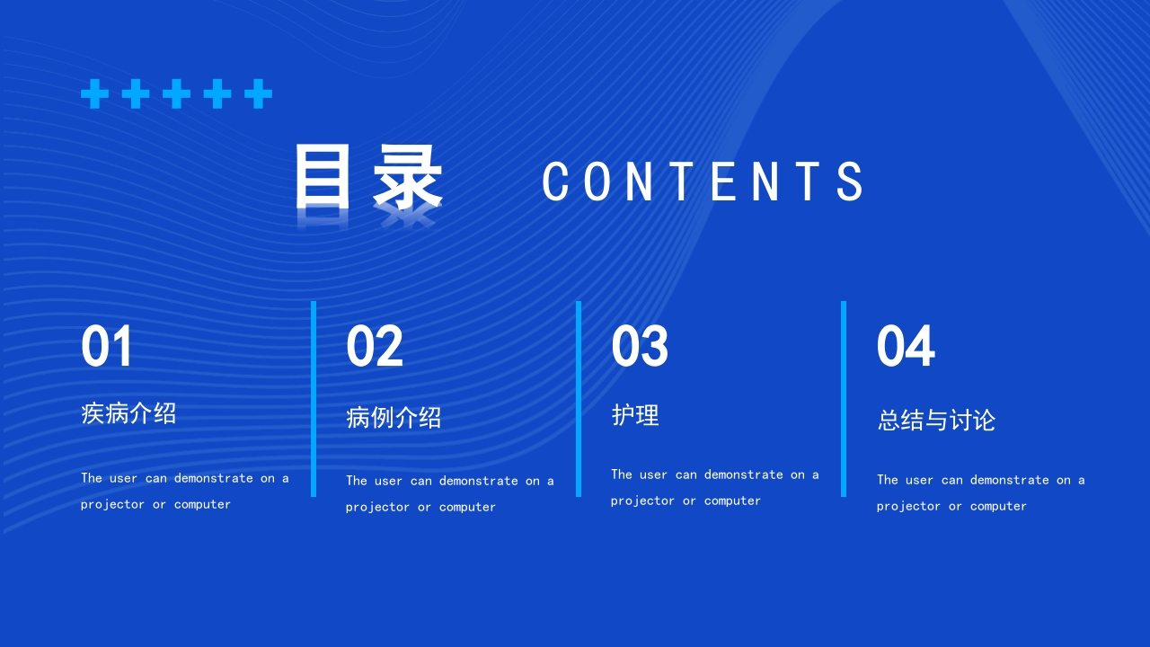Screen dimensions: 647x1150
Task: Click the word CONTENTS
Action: (703, 181)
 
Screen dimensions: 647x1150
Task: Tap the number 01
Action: (107, 347)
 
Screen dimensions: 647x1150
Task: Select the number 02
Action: (374, 347)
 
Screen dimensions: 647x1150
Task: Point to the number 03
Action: (640, 347)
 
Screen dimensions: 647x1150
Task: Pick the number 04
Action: (906, 347)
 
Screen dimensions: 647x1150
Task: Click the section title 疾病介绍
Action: (128, 413)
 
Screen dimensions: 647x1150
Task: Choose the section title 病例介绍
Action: (394, 418)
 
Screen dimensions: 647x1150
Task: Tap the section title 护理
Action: (635, 415)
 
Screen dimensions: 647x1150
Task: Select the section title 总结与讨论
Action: (936, 421)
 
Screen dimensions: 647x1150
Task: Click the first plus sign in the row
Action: (94, 93)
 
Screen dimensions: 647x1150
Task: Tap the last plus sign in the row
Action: (258, 93)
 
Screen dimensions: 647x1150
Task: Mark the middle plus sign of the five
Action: (176, 93)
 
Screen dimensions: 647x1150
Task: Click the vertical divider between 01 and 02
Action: (314, 399)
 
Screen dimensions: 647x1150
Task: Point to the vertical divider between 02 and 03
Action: (579, 399)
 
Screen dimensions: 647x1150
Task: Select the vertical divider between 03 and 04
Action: (844, 399)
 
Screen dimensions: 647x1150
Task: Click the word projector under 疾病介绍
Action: (112, 505)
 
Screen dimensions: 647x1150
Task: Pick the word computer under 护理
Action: (732, 501)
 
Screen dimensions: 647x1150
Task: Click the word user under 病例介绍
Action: (388, 481)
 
